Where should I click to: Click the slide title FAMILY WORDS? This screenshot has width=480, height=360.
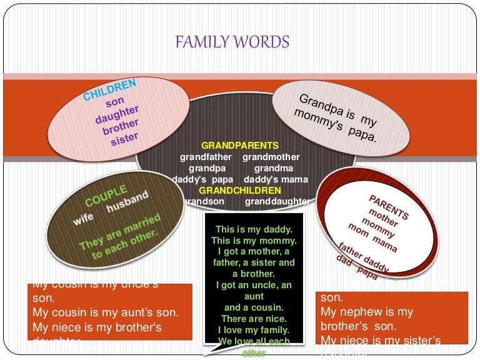click(232, 42)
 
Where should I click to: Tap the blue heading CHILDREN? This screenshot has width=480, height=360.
click(110, 90)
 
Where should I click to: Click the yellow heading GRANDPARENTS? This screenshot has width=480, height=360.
click(240, 146)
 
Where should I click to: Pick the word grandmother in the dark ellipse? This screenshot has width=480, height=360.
click(271, 157)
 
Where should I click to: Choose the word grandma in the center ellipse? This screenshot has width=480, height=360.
click(274, 168)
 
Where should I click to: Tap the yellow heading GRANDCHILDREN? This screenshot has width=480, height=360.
click(240, 190)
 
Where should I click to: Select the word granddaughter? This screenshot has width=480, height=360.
click(277, 201)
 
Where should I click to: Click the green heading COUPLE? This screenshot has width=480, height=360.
click(106, 196)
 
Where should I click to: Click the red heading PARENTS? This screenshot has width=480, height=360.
click(389, 207)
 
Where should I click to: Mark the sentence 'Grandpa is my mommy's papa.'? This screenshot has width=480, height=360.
click(338, 117)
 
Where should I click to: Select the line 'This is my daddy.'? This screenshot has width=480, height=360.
click(254, 229)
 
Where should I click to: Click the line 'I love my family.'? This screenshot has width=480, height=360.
click(254, 329)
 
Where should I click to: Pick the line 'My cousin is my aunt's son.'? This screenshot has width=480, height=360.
click(106, 311)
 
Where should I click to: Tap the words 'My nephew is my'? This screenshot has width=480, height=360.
click(367, 311)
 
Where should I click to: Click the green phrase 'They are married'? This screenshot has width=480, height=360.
click(120, 232)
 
